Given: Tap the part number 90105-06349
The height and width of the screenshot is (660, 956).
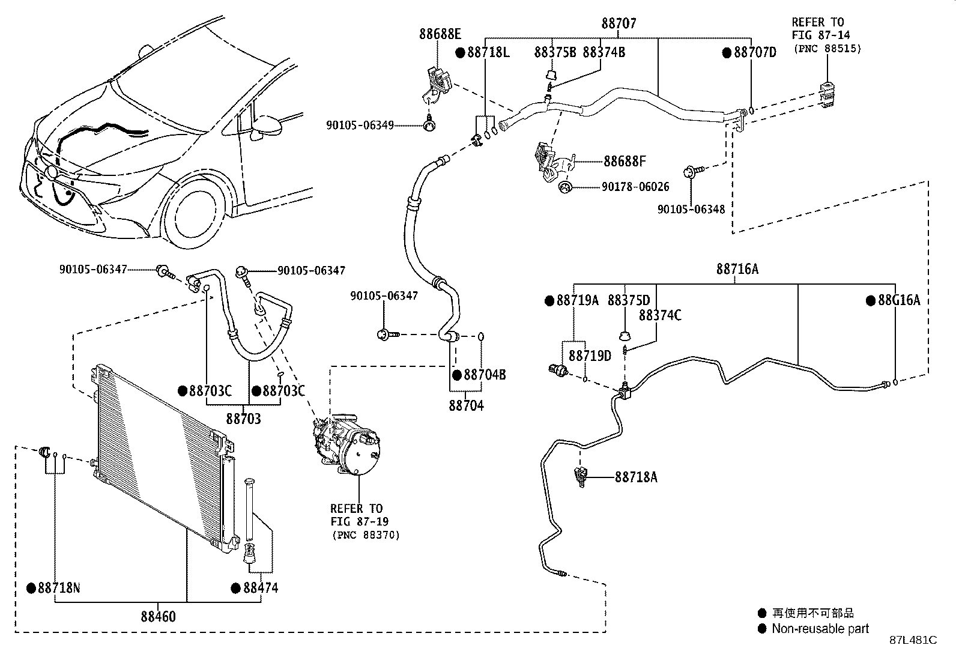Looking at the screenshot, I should tap(360, 126).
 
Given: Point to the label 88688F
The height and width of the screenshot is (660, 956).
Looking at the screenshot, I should tap(625, 161).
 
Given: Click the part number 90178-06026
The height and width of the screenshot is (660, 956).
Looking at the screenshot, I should tap(635, 187).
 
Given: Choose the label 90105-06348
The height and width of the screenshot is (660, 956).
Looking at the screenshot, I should tap(691, 210).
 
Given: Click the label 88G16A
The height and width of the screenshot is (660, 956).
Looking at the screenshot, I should tap(898, 300).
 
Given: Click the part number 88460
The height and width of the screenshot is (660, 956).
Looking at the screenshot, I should tap(159, 616).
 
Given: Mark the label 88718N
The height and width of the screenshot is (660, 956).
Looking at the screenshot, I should tap(58, 588).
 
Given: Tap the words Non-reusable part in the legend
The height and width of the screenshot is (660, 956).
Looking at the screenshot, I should tap(820, 629).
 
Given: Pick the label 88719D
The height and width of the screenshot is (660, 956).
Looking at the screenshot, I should tap(590, 356).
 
